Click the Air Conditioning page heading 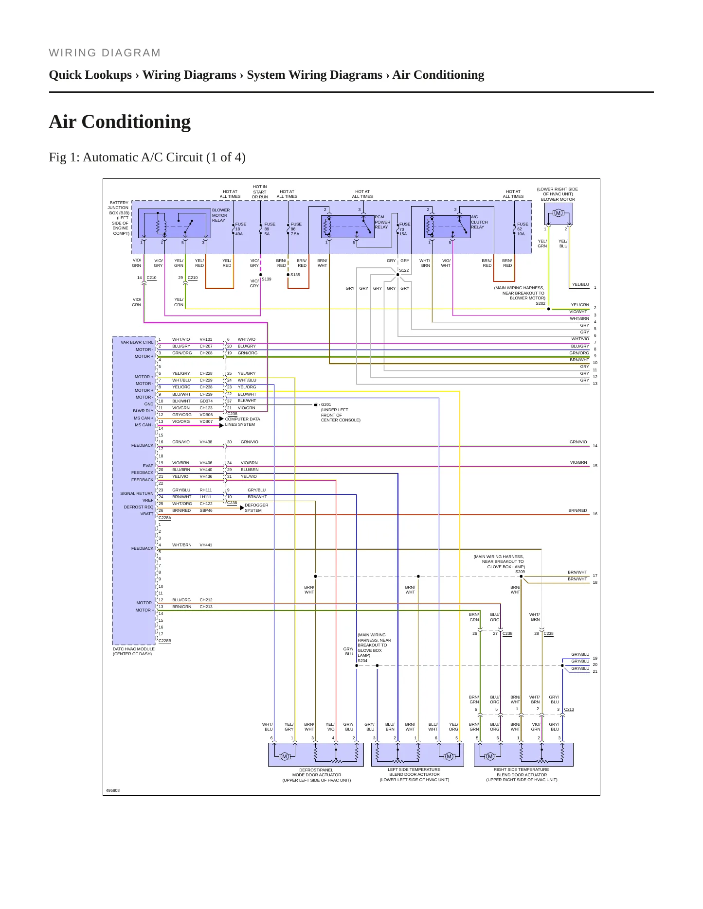coord(120,122)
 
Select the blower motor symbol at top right coord(558,213)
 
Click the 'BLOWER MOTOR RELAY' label coord(221,215)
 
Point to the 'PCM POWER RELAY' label coord(382,222)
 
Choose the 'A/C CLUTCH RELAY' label coord(479,222)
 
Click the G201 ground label coord(326,404)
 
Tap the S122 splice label coord(404,270)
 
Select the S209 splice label coord(520,572)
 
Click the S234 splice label coord(362,661)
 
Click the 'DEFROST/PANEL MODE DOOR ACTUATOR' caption coord(317,775)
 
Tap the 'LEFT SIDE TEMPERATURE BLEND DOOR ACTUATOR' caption coord(415,775)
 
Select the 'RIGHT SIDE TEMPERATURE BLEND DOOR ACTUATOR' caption coord(522,775)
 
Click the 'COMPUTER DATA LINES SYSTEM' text coord(242,421)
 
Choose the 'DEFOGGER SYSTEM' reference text coord(256,507)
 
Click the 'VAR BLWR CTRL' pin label coord(137,342)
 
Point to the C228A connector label coord(165,518)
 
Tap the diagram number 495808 coord(113,790)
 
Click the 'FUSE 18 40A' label coord(240,229)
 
